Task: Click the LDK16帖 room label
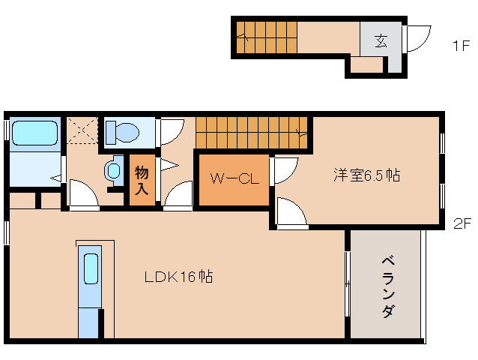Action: (178, 277)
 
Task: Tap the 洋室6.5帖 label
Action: (366, 175)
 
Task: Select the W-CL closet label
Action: (233, 178)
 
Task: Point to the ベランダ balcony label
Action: (387, 286)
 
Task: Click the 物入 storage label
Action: (142, 180)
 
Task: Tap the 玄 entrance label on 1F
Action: (381, 41)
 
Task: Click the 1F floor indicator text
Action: (460, 46)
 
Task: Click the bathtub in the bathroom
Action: (34, 133)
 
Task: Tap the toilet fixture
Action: (123, 133)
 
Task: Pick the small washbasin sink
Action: (114, 170)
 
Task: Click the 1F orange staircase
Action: (266, 36)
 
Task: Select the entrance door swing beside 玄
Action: (417, 37)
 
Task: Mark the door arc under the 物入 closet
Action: (178, 197)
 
